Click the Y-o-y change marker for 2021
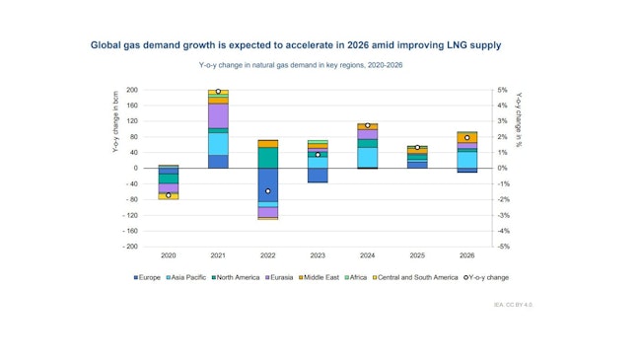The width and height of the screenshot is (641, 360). (218, 92)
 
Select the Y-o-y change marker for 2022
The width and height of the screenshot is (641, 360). (268, 191)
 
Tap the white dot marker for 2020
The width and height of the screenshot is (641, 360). (169, 195)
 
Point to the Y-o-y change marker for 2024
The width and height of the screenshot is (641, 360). (368, 125)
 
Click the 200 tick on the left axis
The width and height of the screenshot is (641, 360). (131, 90)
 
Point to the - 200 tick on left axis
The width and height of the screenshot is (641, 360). (128, 247)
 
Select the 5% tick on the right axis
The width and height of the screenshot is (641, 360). (502, 90)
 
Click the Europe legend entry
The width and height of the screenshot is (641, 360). (148, 277)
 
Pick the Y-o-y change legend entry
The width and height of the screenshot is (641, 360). (484, 277)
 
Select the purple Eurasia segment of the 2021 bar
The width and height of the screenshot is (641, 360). (218, 115)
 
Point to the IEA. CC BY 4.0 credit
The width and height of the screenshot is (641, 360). (513, 305)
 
